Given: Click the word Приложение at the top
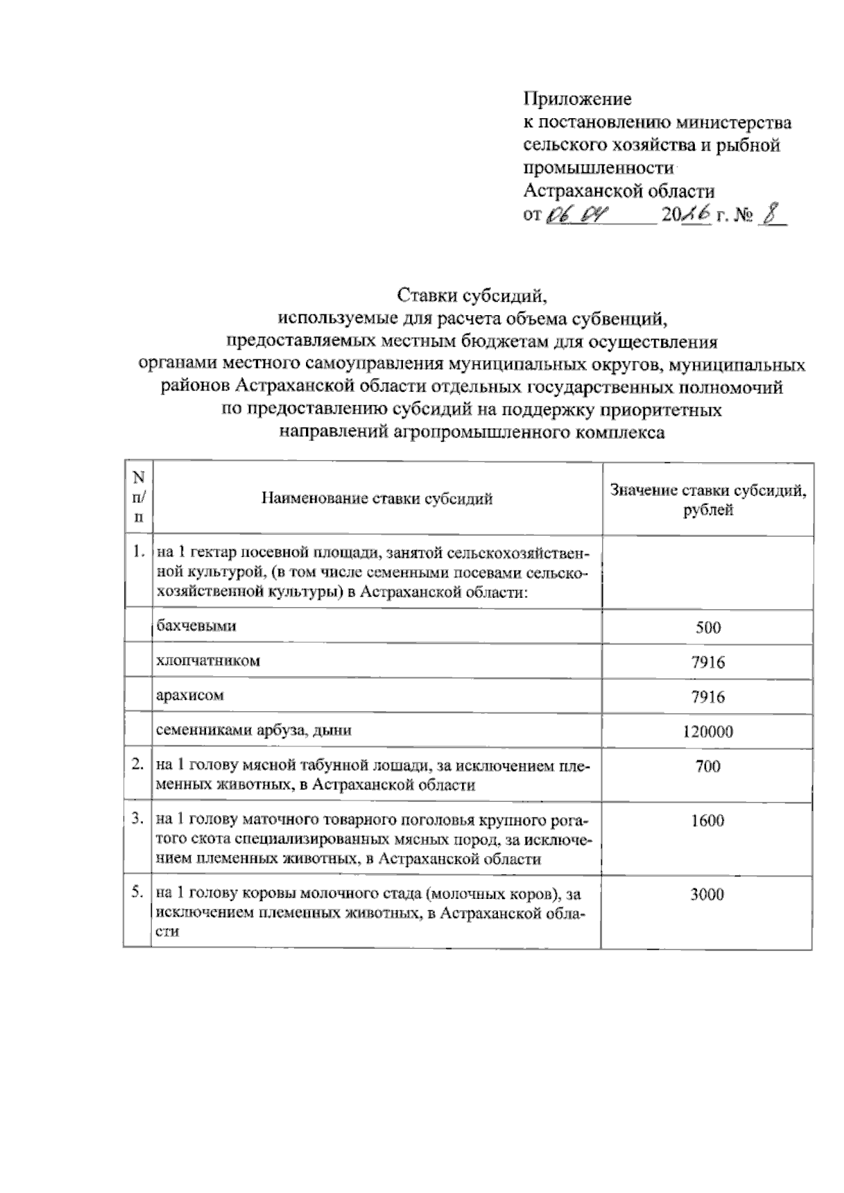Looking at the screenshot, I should [x=577, y=99].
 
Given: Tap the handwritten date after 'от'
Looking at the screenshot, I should [x=576, y=214].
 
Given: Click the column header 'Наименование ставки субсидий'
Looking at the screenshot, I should [x=377, y=499].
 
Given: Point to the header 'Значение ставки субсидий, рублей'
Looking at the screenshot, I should [x=708, y=499].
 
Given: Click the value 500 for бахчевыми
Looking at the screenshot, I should [x=708, y=627].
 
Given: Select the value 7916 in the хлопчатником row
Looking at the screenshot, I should [x=708, y=662].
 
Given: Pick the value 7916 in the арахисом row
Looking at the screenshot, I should [x=708, y=696].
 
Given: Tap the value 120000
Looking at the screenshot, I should [x=708, y=732].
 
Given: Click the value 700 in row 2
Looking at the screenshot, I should [x=708, y=766].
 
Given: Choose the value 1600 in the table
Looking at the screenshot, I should [x=708, y=821].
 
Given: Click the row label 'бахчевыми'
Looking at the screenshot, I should [x=196, y=625].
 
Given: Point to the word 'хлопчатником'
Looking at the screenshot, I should [x=208, y=661].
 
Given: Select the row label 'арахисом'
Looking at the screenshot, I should [x=190, y=695].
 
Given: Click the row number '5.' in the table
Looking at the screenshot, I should [x=138, y=893].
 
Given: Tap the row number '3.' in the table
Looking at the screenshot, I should [x=138, y=819].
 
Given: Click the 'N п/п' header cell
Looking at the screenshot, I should [x=138, y=497].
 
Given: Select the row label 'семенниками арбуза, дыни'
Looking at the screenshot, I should [x=254, y=730].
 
